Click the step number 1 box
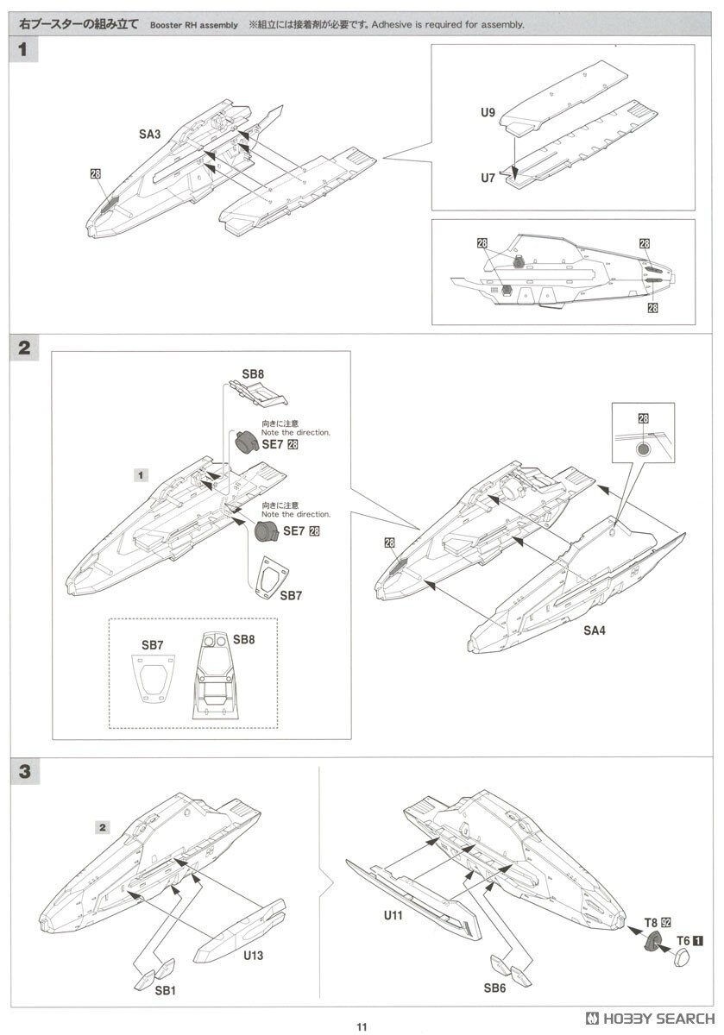pos(23,50)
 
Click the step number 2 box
pos(23,348)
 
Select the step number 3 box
pos(23,772)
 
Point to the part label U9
pos(489,112)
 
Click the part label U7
pos(489,178)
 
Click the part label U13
pos(252,956)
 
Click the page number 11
pos(362,1026)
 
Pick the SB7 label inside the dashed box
pos(152,644)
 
